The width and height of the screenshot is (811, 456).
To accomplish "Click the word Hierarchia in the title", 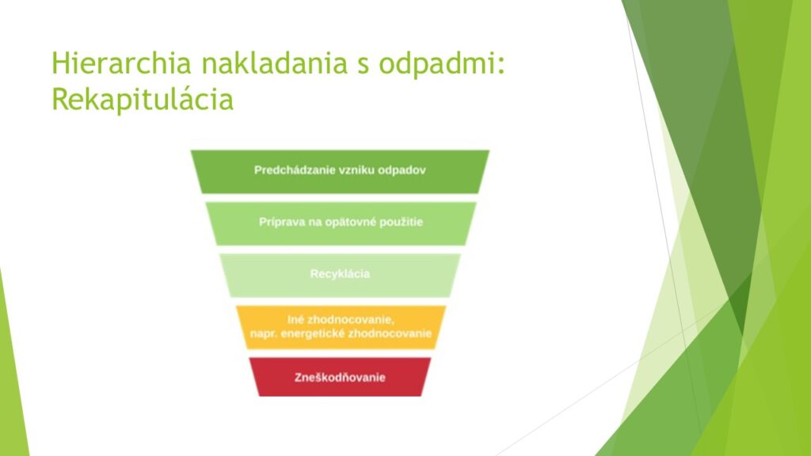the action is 121,63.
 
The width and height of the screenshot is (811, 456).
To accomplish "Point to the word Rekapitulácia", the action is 143,99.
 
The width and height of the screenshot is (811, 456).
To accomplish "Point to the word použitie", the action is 402,222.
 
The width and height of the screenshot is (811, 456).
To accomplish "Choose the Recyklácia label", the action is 340,274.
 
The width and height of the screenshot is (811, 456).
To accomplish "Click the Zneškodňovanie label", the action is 340,378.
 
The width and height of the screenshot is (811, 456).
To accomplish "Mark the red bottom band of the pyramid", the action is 340,377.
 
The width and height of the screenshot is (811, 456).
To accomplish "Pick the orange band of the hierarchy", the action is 341,327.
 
